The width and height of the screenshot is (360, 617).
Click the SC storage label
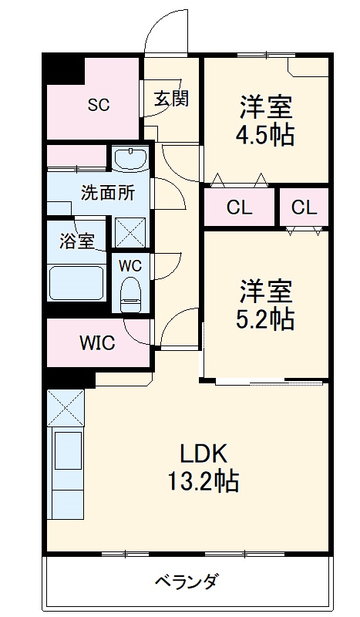point(98,106)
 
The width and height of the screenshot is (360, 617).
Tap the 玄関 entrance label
point(171,99)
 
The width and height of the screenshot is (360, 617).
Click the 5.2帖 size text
point(264,319)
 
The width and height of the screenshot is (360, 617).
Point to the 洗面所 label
point(108,193)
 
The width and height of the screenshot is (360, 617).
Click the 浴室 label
point(77,240)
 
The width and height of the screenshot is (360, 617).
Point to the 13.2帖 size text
point(204,482)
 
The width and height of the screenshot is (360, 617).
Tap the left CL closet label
point(239,207)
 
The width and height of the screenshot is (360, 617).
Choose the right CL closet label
point(304,207)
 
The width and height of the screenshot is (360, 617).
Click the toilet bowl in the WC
point(131,293)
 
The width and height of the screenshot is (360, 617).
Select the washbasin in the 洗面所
point(130,160)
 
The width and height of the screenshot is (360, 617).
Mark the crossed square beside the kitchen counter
point(65,406)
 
